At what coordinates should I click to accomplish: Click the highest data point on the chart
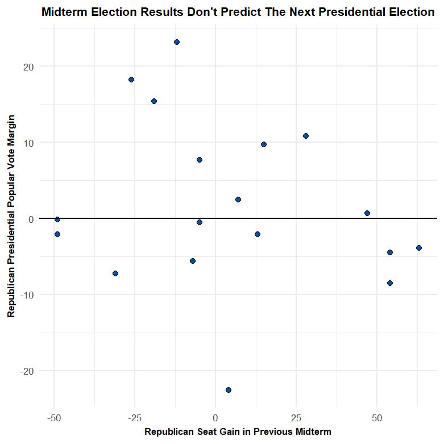(x=177, y=42)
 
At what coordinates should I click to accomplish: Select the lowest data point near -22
(x=229, y=390)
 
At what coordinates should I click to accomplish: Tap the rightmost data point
(x=419, y=248)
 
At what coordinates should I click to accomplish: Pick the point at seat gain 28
(x=306, y=136)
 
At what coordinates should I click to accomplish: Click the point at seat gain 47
(x=367, y=213)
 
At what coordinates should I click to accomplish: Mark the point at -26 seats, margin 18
(x=131, y=80)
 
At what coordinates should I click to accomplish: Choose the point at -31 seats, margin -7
(x=115, y=273)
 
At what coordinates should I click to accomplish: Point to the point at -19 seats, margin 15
(x=154, y=101)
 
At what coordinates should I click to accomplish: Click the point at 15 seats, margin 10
(x=264, y=144)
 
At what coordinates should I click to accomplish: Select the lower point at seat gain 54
(x=390, y=283)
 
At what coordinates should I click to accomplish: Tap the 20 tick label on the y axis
(x=29, y=67)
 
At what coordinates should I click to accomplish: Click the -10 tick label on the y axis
(x=27, y=295)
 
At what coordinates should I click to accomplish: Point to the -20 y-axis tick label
(x=27, y=371)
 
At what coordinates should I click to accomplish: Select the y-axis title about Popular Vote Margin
(x=11, y=216)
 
